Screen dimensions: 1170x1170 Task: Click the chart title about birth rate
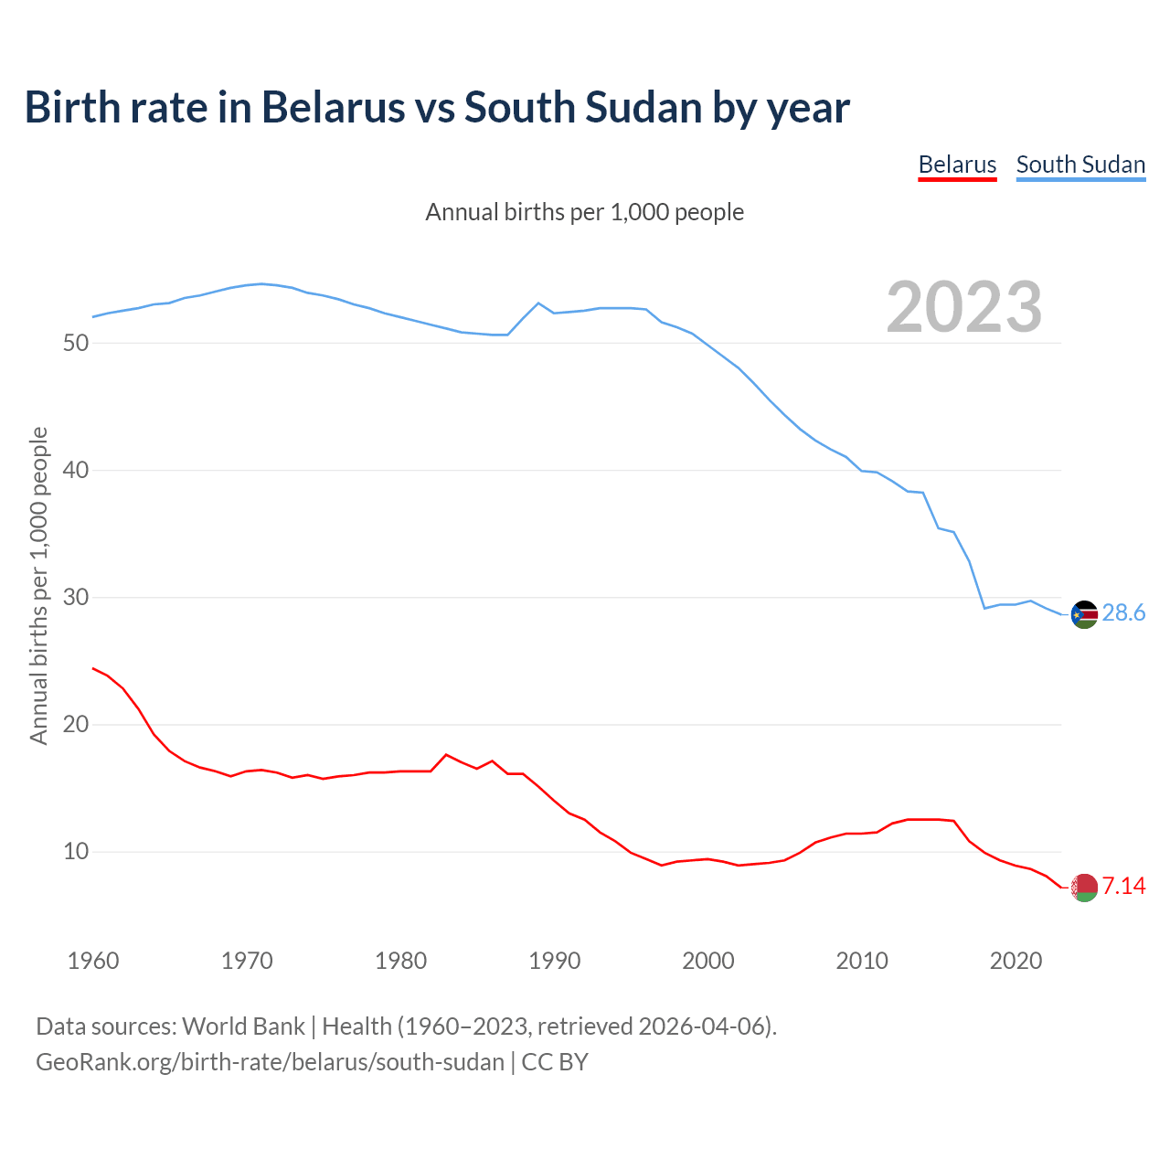(x=437, y=108)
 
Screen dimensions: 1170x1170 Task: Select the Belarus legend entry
(x=957, y=165)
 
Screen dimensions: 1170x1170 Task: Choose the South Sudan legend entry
(x=1080, y=165)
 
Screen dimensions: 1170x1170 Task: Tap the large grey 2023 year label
(x=964, y=307)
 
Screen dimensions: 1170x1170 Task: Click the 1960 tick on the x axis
(x=93, y=961)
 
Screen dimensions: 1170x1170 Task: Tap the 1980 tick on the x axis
(x=401, y=961)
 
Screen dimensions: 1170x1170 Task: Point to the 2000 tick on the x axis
(x=708, y=961)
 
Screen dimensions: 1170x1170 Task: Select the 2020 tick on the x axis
(x=1016, y=961)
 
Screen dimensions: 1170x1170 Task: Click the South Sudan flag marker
(x=1084, y=614)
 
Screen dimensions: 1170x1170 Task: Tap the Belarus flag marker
(x=1084, y=887)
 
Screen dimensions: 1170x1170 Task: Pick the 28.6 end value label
(x=1123, y=613)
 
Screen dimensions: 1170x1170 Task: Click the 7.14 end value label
(x=1123, y=886)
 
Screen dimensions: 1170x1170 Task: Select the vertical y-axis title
(x=38, y=585)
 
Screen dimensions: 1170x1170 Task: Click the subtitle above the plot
(x=585, y=212)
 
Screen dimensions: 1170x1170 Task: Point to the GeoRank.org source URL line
(x=312, y=1062)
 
